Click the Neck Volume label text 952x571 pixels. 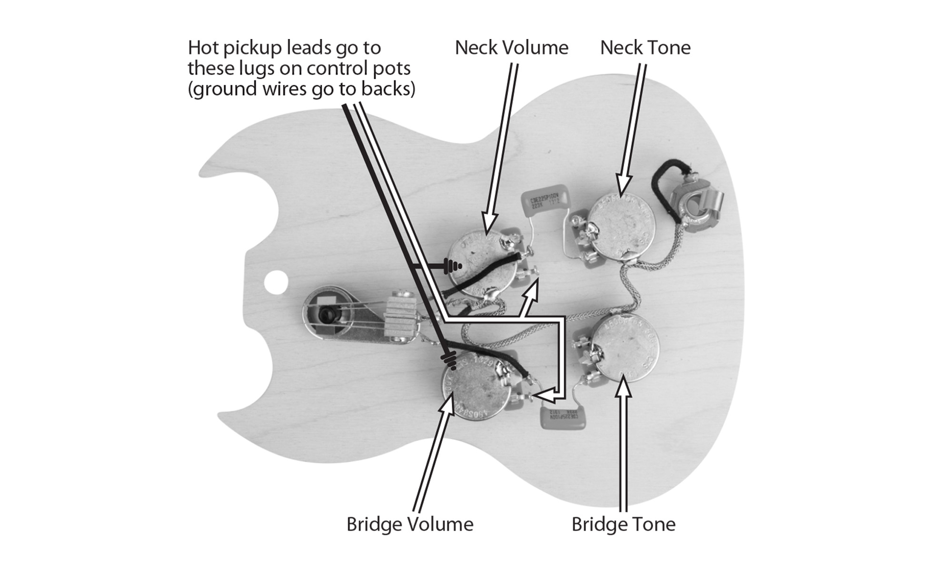tap(511, 48)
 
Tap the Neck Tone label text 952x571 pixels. tap(645, 48)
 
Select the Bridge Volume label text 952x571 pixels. tap(410, 524)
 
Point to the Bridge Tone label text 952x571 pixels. tap(623, 524)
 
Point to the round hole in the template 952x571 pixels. tap(277, 282)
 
